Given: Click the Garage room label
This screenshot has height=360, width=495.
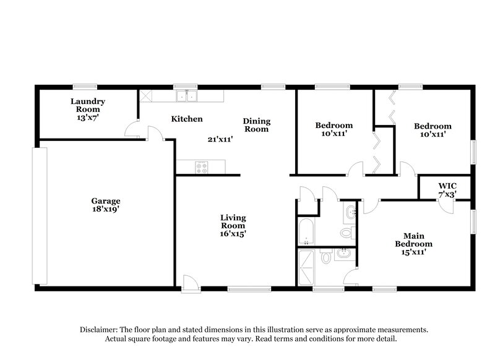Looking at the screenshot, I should tap(105, 205).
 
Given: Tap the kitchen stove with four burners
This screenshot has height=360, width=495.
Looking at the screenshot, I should tap(202, 166).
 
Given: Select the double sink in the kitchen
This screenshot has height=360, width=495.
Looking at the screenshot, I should tap(186, 96).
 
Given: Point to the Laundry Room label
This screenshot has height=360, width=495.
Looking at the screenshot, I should tap(87, 109).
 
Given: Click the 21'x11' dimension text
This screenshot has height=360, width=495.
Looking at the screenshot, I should tap(220, 139).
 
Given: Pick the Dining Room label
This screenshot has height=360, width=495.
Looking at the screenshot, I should tap(256, 125).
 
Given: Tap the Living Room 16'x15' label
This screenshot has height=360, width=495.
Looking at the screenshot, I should tap(234, 225).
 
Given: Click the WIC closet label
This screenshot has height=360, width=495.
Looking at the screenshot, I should tap(447, 189).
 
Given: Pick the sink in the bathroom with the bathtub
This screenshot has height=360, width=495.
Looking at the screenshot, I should tap(351, 212).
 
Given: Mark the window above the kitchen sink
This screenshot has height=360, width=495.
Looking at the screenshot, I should tap(181, 87).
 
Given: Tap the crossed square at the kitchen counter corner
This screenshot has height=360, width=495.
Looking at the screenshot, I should tap(146, 96).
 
